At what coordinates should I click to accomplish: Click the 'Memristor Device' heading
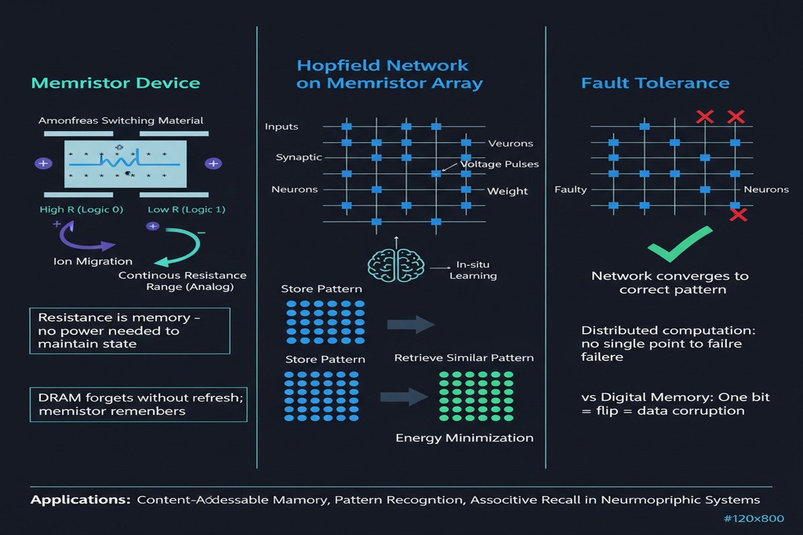[115, 83]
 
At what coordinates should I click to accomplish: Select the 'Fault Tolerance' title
[655, 83]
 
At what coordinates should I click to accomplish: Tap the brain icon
[395, 265]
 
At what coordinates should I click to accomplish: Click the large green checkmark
[680, 243]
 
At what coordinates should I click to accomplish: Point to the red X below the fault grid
[739, 215]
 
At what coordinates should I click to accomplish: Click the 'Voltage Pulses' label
[499, 164]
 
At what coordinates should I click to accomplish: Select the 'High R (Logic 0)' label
[82, 209]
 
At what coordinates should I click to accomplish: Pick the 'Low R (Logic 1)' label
[187, 209]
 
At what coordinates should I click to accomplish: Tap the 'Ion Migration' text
[93, 261]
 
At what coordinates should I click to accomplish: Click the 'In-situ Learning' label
[473, 270]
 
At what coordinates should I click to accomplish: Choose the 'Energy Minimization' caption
[464, 438]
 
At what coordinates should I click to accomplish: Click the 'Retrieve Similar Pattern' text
[464, 358]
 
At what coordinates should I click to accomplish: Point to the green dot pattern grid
[476, 396]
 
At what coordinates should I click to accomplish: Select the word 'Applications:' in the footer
[80, 500]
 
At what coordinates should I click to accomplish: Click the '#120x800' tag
[754, 518]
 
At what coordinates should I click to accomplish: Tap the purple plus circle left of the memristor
[43, 163]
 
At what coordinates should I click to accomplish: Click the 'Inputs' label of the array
[282, 126]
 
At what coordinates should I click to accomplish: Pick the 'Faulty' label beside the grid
[571, 189]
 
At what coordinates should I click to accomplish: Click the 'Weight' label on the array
[507, 191]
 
